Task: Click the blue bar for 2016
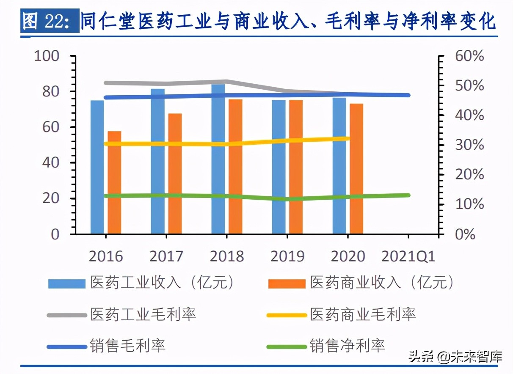click(x=97, y=167)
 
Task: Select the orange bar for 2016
click(x=114, y=183)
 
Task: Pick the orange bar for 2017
click(x=175, y=173)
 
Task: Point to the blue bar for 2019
click(x=279, y=167)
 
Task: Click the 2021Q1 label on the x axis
click(x=408, y=256)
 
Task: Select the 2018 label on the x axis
click(x=226, y=256)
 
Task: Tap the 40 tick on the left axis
click(x=50, y=163)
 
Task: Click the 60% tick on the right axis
click(x=469, y=56)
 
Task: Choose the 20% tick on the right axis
click(x=469, y=175)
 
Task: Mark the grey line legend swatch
click(x=66, y=315)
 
